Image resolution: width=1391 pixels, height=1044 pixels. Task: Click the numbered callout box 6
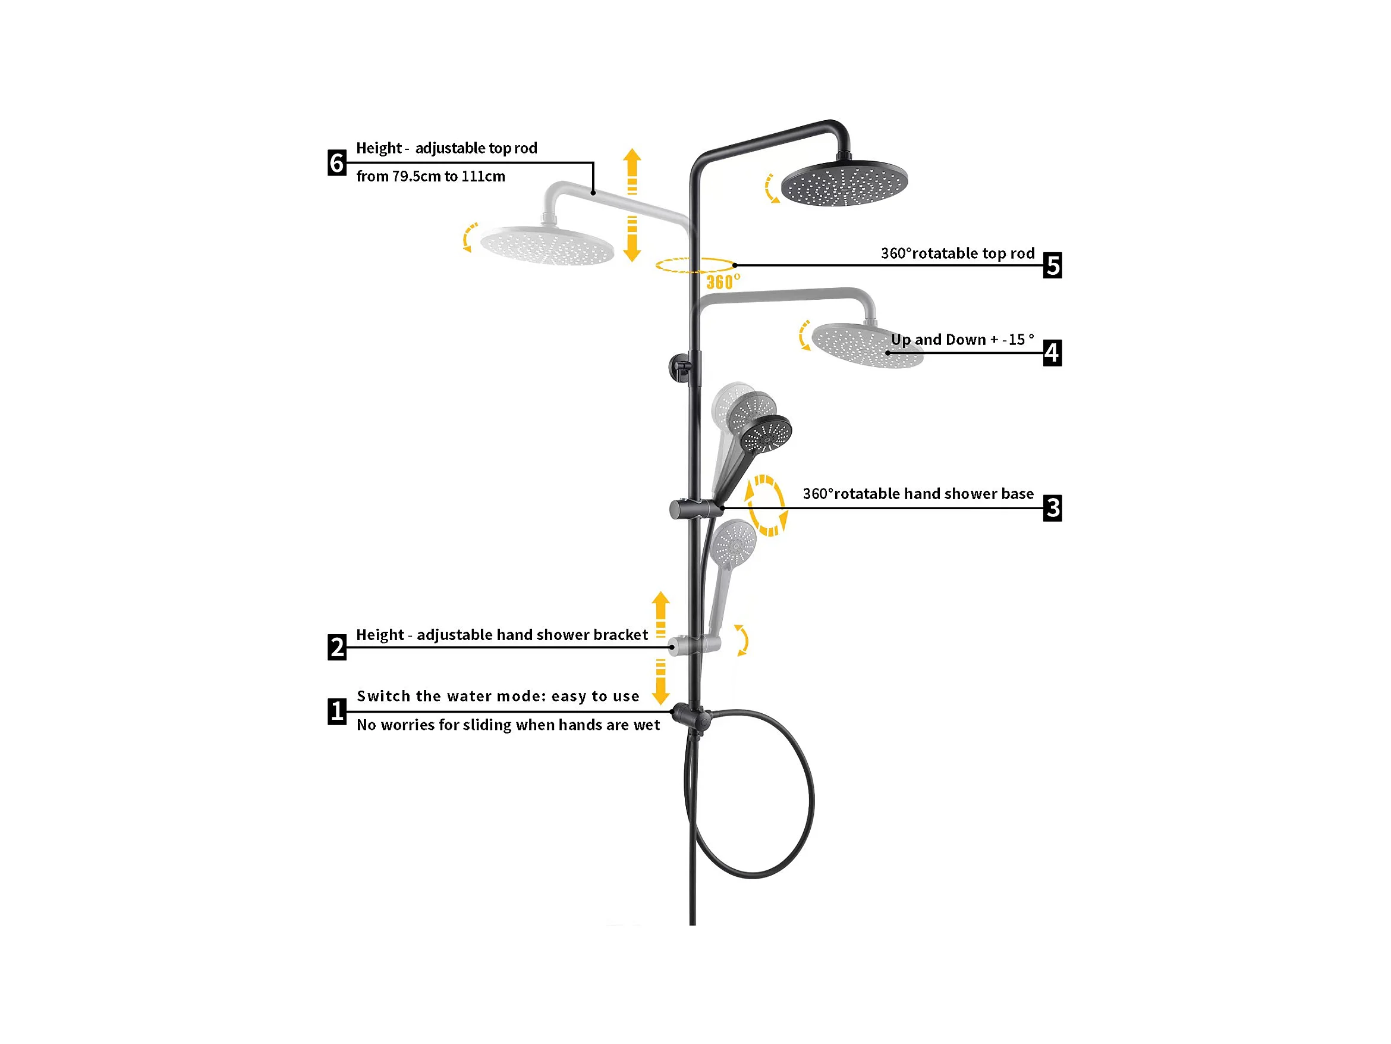337,163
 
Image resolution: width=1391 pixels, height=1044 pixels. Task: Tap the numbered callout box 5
1052,265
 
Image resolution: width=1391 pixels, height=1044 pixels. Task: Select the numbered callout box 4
1052,352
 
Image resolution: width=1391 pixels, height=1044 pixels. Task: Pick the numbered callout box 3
1052,508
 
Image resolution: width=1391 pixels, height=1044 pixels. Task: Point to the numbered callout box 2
337,647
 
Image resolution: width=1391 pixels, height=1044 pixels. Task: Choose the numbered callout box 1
337,711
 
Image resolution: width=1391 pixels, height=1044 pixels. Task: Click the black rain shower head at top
844,184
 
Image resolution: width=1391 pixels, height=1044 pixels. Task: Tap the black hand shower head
765,434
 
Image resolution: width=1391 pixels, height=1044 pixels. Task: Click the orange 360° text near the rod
722,281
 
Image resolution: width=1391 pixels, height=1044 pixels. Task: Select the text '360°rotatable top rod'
957,253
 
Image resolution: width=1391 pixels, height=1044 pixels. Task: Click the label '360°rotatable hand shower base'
917,494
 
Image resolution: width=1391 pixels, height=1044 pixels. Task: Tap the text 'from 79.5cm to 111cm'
430,177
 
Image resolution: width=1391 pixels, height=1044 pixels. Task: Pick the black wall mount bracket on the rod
681,366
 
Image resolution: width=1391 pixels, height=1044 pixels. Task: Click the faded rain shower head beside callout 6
546,246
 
